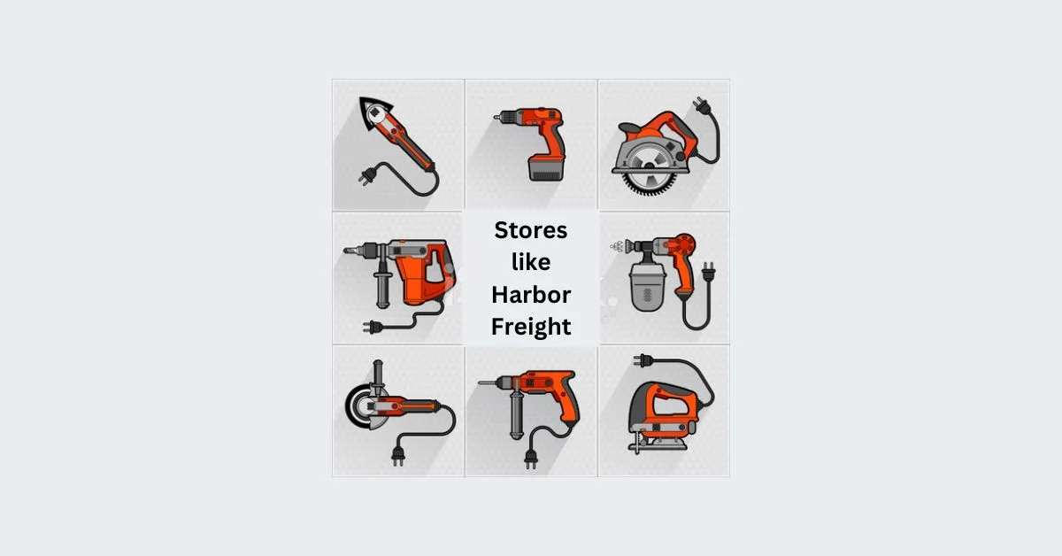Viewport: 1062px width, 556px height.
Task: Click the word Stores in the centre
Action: (x=530, y=230)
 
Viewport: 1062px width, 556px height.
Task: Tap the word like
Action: (x=531, y=261)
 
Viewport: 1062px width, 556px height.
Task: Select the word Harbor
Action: (x=531, y=295)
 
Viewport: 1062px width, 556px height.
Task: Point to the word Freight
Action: (x=531, y=327)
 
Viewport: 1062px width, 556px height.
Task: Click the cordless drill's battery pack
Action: (x=546, y=168)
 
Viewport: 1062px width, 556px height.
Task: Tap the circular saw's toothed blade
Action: (x=649, y=171)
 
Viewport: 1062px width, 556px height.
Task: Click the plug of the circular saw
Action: (x=701, y=105)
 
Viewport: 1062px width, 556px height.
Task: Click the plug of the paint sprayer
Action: (x=708, y=272)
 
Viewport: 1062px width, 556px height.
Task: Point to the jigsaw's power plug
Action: (x=643, y=360)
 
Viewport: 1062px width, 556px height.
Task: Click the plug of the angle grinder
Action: (x=397, y=456)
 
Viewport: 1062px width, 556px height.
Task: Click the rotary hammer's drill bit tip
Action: (x=346, y=250)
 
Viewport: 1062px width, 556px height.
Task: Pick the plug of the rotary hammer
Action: (x=373, y=327)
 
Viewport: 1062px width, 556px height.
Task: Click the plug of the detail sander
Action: (x=367, y=176)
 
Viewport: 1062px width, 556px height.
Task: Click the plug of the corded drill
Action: (x=531, y=459)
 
